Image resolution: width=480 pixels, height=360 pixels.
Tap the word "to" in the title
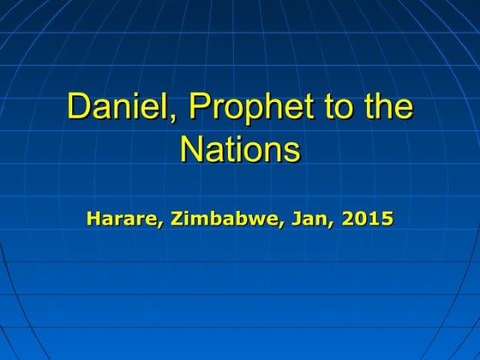[x=332, y=110]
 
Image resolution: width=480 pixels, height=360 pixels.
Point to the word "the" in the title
[x=387, y=110]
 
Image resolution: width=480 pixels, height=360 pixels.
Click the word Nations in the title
[x=240, y=150]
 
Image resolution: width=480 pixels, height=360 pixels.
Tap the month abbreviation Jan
[x=301, y=219]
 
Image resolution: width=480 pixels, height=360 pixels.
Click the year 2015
[x=367, y=219]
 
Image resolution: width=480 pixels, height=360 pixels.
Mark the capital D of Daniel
[x=79, y=110]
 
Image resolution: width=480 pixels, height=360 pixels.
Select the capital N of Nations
[x=191, y=150]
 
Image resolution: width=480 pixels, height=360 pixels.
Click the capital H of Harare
[x=93, y=219]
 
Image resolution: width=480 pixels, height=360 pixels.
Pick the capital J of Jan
[x=287, y=219]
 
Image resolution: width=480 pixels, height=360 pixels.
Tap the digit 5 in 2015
[x=387, y=219]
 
